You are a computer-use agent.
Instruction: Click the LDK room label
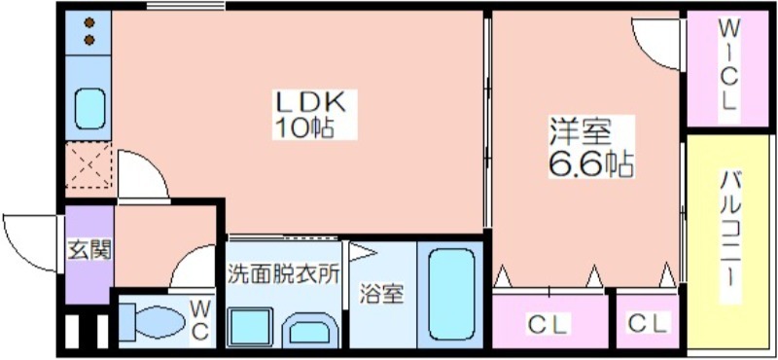click(x=310, y=103)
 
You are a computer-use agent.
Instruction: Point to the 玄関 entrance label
click(x=89, y=249)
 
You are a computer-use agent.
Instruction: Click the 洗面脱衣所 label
click(x=284, y=274)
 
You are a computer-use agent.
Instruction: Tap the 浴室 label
click(x=381, y=294)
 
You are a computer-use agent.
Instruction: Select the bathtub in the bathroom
click(x=451, y=294)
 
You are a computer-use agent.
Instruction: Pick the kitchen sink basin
click(x=89, y=109)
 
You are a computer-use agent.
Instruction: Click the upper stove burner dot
click(x=89, y=22)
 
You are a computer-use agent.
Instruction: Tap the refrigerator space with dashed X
click(x=88, y=165)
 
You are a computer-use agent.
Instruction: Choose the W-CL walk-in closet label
click(x=727, y=65)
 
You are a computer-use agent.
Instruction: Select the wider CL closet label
click(x=548, y=325)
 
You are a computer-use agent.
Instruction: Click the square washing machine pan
click(x=251, y=326)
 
